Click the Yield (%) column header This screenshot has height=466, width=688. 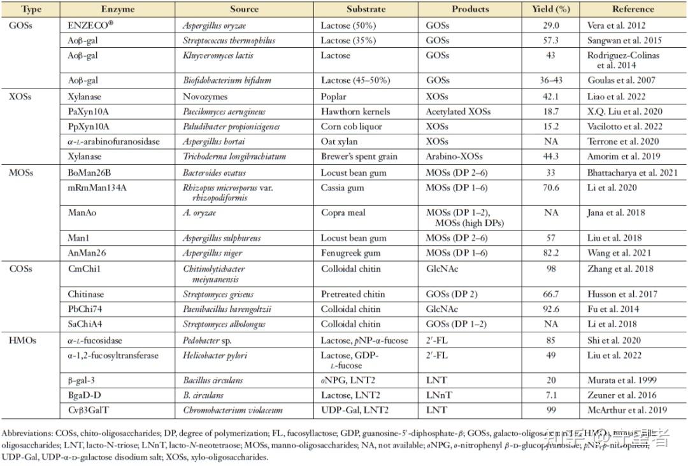tap(550, 10)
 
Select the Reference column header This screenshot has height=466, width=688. tap(633, 10)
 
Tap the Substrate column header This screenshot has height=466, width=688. tap(366, 10)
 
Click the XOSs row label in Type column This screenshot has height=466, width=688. tap(20, 97)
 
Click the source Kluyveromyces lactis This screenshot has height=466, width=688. tap(218, 55)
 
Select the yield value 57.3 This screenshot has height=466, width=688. tap(550, 41)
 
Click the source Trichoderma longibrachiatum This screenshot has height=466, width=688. tap(234, 157)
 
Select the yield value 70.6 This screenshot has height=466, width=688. tap(550, 188)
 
